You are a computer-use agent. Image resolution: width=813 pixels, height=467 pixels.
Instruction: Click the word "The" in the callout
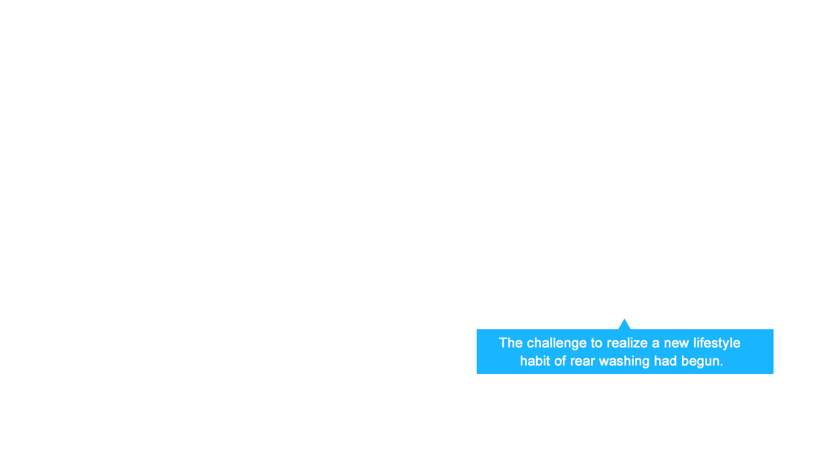(x=511, y=343)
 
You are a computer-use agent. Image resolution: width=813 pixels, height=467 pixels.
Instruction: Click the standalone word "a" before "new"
(x=656, y=345)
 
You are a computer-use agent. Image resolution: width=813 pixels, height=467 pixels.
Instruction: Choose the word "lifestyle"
(x=717, y=344)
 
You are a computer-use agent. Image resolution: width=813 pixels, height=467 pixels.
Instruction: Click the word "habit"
(x=535, y=361)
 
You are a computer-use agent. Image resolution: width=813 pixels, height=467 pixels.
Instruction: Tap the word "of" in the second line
(x=560, y=361)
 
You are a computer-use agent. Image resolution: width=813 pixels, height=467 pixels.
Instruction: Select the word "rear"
(x=582, y=363)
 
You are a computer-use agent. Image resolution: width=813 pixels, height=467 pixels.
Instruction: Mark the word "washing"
(x=624, y=362)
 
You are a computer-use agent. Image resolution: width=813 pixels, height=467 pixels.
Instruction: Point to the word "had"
(x=665, y=361)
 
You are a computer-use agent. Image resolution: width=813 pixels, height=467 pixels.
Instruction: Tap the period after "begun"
(x=721, y=365)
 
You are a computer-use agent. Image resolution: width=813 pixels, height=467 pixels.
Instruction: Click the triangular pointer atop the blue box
(x=624, y=324)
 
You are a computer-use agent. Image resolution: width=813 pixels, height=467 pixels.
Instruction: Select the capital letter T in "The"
(x=503, y=343)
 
